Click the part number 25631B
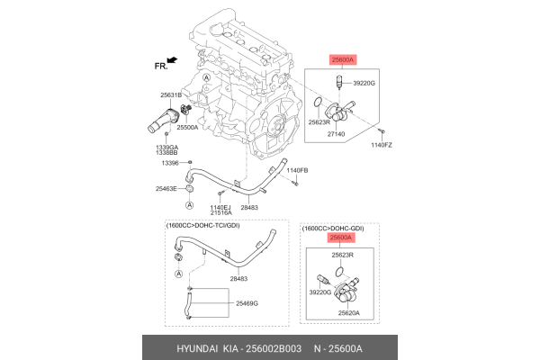[171, 94]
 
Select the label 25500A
[189, 129]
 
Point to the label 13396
[171, 163]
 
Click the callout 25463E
[166, 189]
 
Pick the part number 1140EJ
[220, 207]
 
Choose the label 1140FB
[297, 170]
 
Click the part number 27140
[335, 133]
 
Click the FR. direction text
[162, 66]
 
